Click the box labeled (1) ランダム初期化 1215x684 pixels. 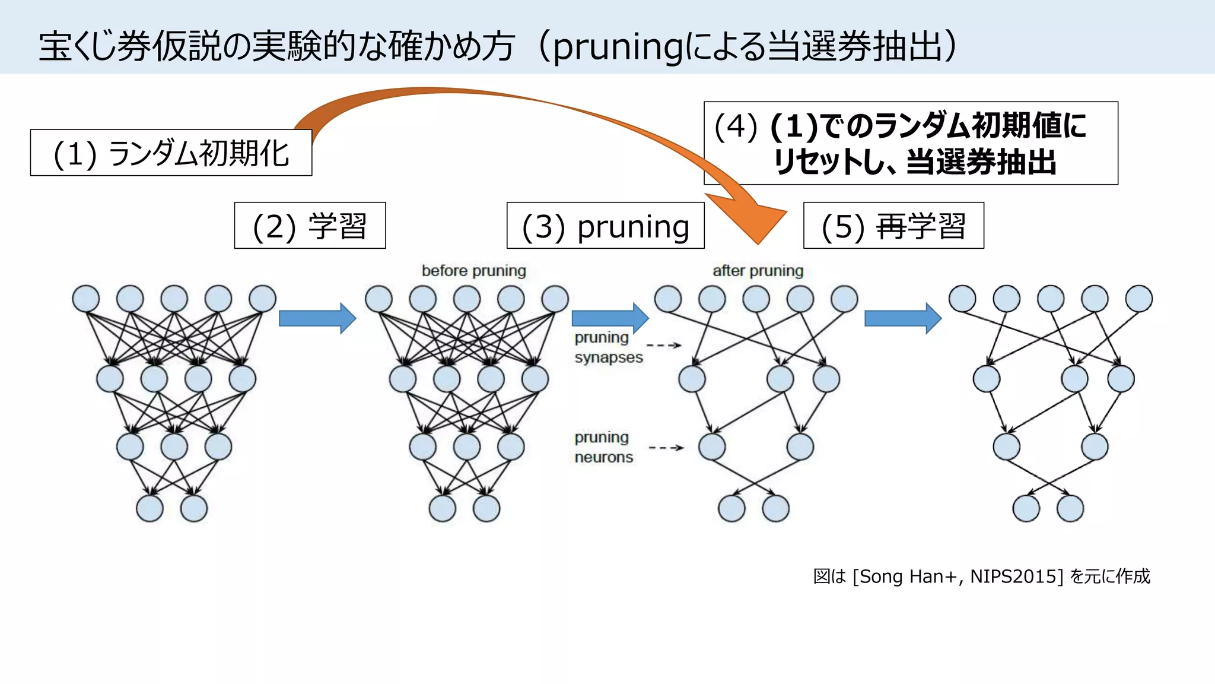point(171,153)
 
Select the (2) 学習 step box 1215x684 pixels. point(310,226)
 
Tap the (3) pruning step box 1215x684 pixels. point(605,226)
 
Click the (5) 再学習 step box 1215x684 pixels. point(893,226)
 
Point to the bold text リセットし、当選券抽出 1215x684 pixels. point(914,161)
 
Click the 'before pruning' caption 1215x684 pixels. point(473,271)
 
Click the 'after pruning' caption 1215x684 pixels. point(758,271)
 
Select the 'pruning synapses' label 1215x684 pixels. point(607,347)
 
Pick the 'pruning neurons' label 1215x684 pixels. point(603,447)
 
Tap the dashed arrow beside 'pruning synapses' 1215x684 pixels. point(664,345)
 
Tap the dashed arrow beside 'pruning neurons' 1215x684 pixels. point(666,448)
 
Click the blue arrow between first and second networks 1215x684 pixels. point(317,319)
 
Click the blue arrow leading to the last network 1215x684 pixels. point(903,319)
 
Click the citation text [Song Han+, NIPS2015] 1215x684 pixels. point(957,576)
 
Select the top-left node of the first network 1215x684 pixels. point(86,299)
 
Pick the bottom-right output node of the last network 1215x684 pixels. point(1070,508)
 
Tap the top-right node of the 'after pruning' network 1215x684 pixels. point(844,299)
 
